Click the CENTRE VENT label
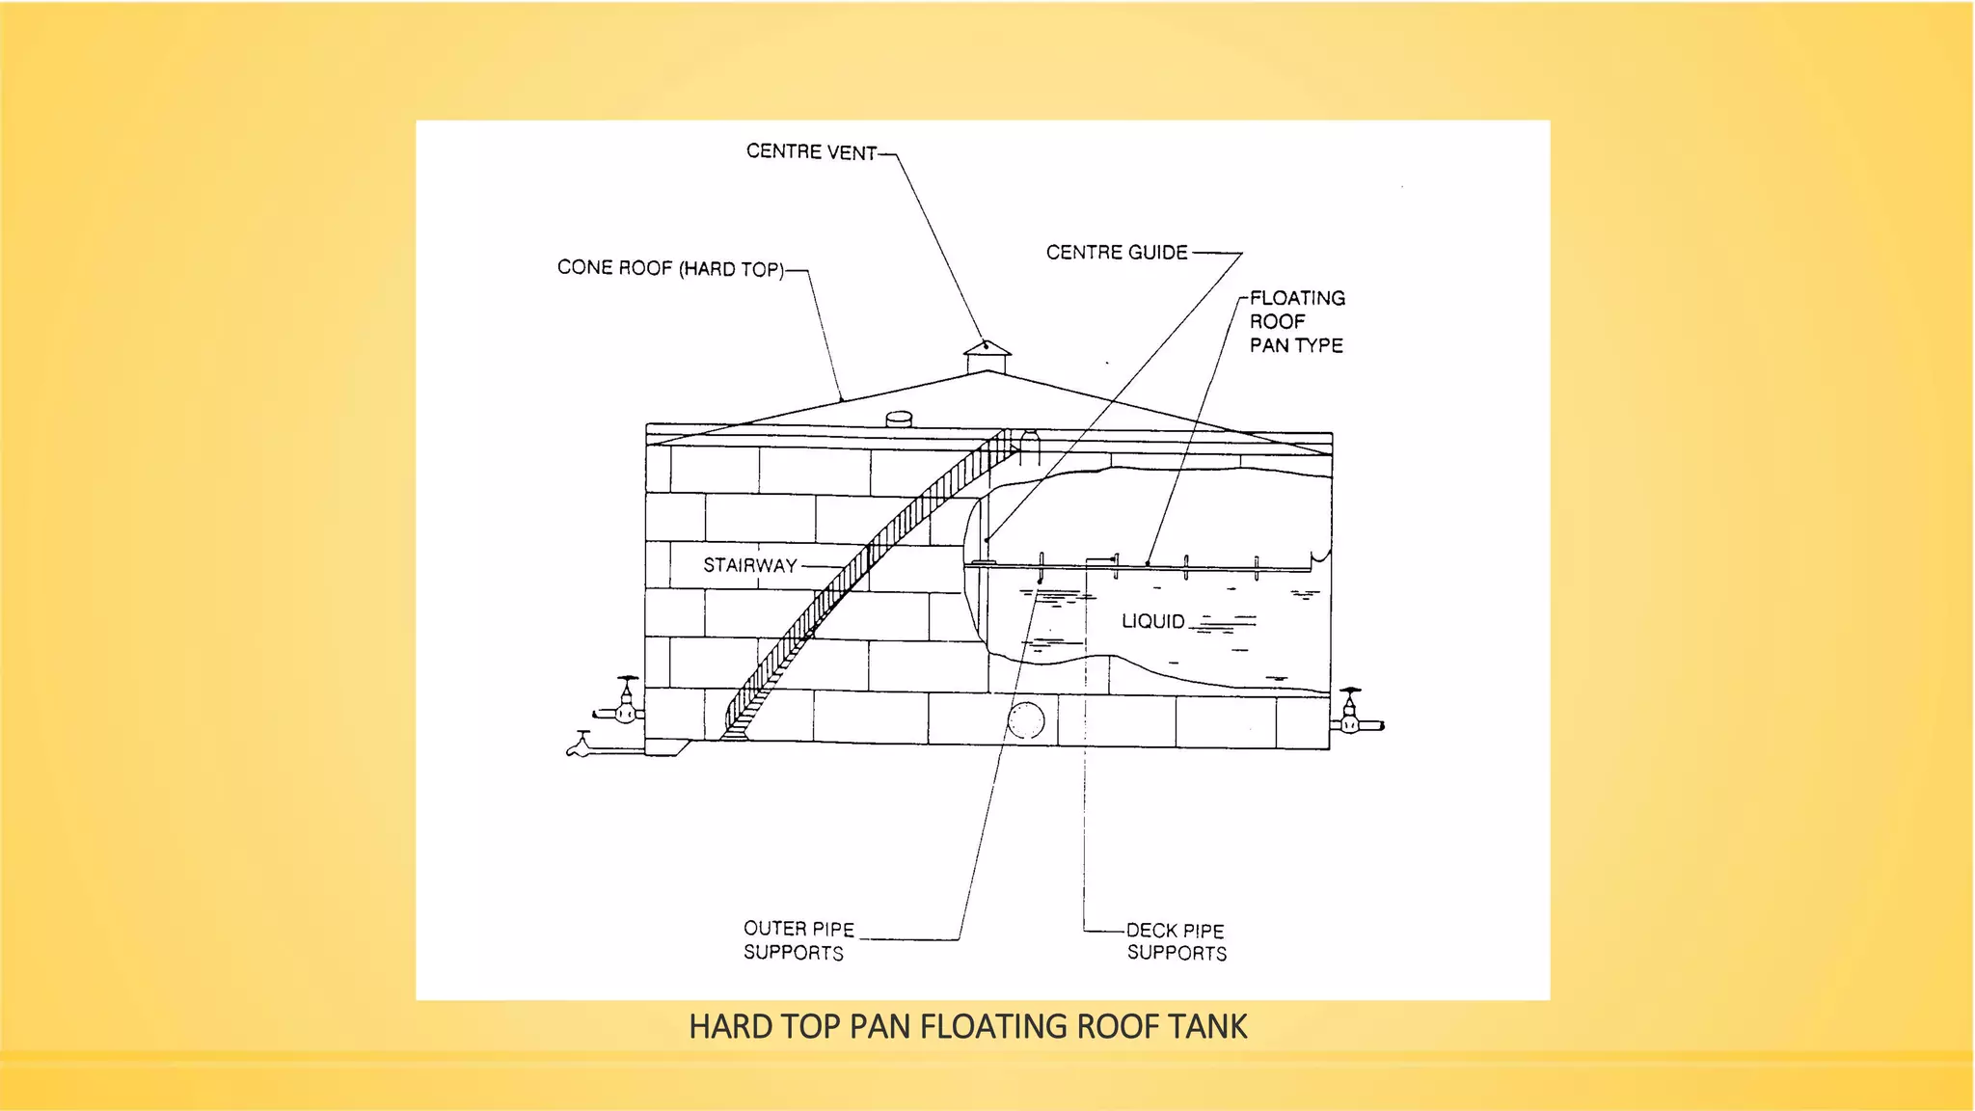point(811,152)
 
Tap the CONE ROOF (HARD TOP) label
point(670,268)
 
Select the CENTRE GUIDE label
point(1117,253)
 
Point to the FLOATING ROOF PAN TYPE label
point(1296,321)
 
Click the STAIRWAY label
point(749,565)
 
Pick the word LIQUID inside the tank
point(1152,622)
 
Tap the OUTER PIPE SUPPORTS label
point(797,940)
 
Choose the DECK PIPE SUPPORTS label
point(1176,941)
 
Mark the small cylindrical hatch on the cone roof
point(899,419)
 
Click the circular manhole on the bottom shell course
point(1026,720)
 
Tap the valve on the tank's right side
point(1351,714)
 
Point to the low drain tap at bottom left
point(580,745)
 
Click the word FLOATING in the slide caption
point(994,1027)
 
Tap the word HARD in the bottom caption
point(719,1027)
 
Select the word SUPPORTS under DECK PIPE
point(1177,953)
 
